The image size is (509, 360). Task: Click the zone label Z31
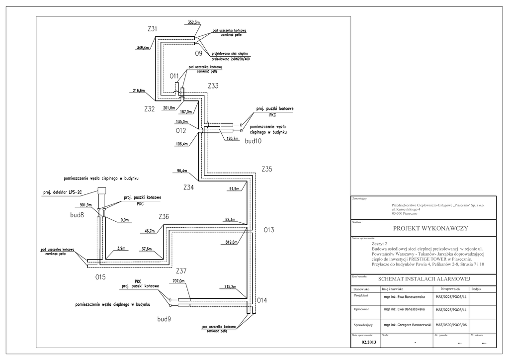tap(153, 30)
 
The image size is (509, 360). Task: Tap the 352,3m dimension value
tap(193, 22)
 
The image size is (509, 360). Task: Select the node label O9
tap(199, 53)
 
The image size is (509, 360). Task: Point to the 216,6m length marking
tap(139, 91)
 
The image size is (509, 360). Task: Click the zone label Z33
tap(213, 86)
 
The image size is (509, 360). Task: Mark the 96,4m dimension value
tap(181, 171)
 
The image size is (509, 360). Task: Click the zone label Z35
tap(267, 169)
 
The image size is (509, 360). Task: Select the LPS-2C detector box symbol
tap(102, 190)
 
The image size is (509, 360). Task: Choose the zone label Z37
tap(181, 271)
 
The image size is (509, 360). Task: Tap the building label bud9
tap(164, 318)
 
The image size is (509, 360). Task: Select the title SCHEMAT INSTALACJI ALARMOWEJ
tap(424, 279)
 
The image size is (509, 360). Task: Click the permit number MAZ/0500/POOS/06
tap(451, 325)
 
